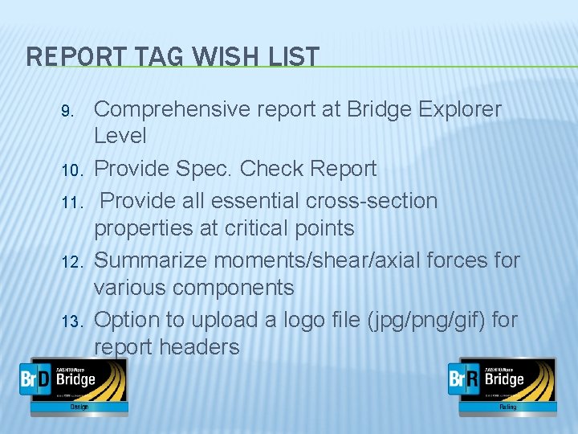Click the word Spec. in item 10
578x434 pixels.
pyautogui.click(x=207, y=169)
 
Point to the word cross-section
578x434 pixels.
pyautogui.click(x=369, y=199)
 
